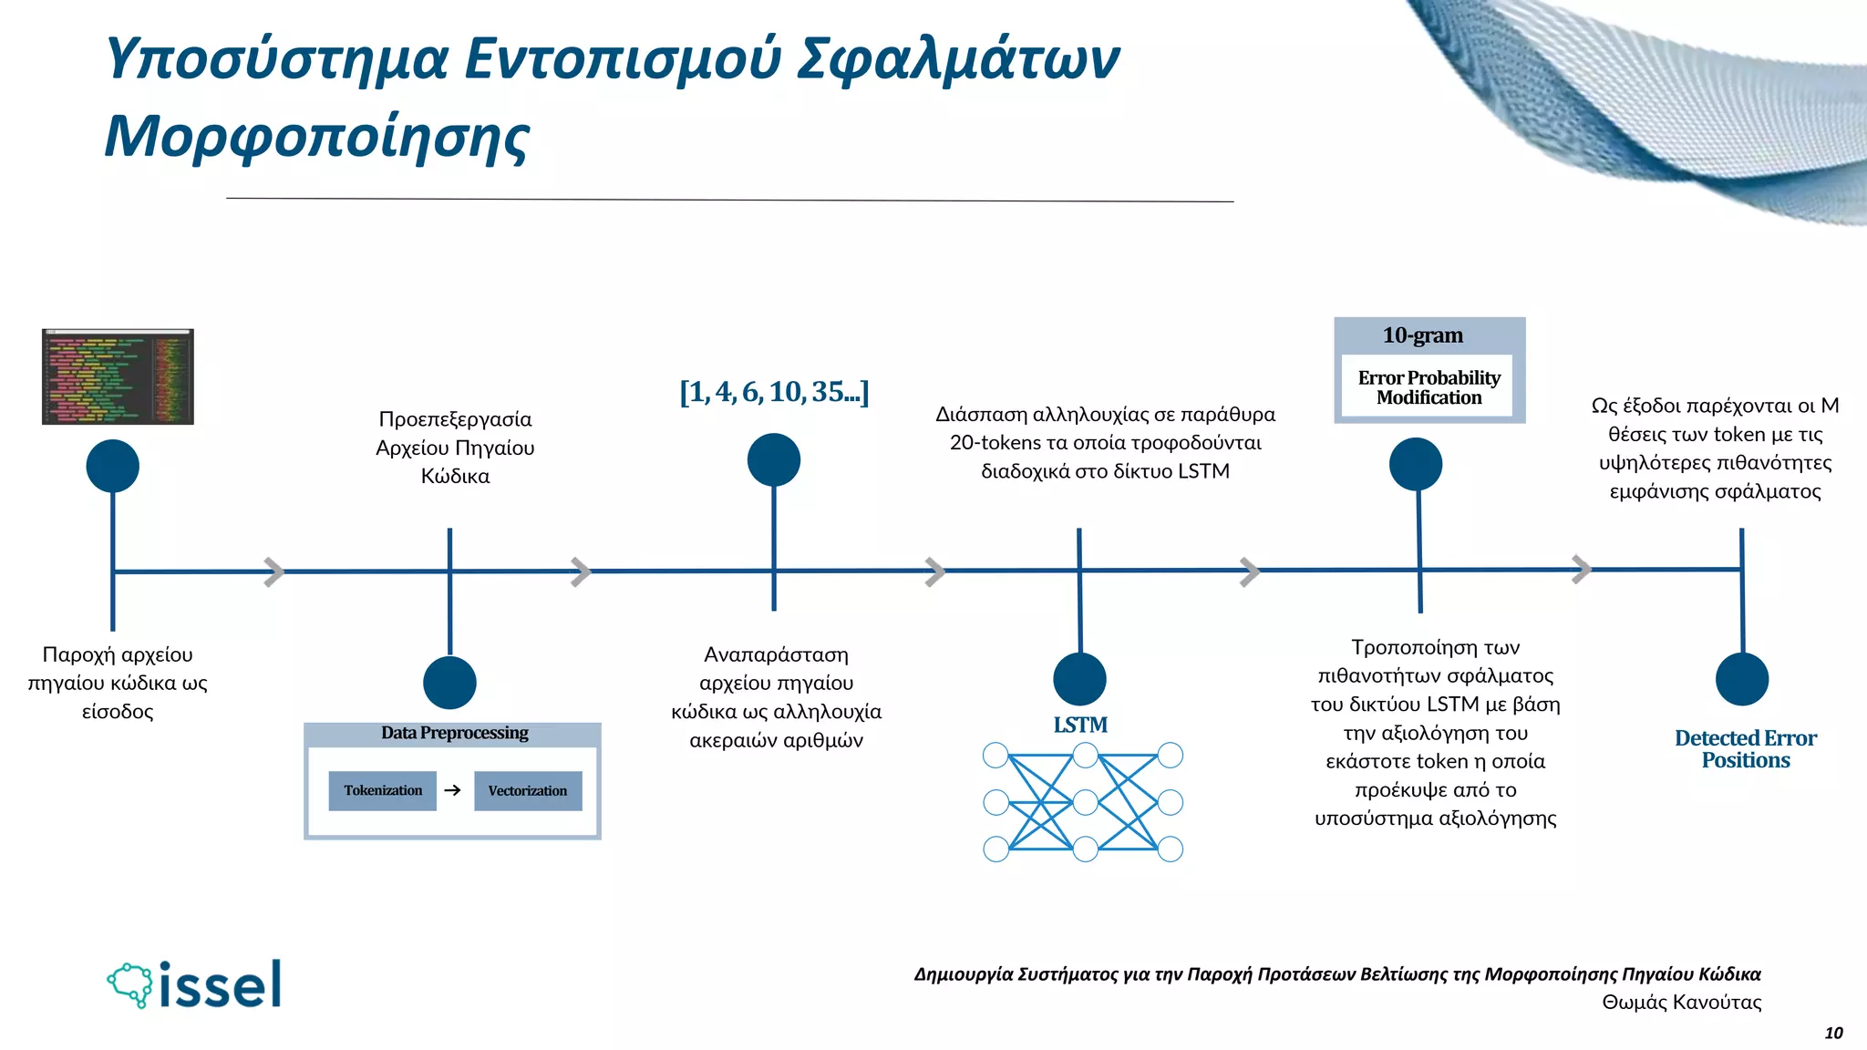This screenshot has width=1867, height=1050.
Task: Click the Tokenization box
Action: point(383,790)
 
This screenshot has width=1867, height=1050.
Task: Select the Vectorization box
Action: point(528,790)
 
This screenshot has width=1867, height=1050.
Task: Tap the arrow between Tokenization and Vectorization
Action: point(452,790)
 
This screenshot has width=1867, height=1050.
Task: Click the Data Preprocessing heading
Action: point(454,733)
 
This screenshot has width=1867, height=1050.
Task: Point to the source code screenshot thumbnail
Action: point(118,376)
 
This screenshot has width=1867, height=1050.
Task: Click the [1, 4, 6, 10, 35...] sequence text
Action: point(774,392)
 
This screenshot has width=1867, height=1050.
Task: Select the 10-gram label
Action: point(1422,335)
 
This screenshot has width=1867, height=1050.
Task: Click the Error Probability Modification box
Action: point(1429,387)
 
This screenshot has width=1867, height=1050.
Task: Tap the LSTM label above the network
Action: point(1080,725)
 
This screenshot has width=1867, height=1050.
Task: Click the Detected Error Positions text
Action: point(1745,749)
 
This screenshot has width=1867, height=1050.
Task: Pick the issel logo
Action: point(194,984)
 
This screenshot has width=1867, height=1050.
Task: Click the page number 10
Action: point(1833,1033)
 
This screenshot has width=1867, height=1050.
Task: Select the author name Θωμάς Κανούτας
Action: point(1681,1003)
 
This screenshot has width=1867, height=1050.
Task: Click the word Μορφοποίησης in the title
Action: point(316,137)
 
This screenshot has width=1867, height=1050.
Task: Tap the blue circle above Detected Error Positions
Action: point(1741,679)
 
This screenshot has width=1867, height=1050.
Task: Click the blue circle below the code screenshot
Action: point(113,466)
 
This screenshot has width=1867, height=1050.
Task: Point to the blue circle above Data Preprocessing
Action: point(449,683)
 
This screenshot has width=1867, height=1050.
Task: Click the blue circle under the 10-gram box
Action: point(1416,464)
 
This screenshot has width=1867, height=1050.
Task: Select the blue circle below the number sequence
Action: point(774,460)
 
